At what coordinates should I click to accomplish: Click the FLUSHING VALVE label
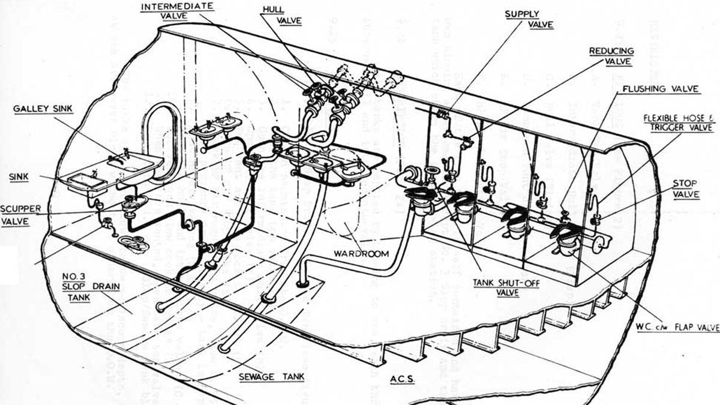pyautogui.click(x=660, y=89)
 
